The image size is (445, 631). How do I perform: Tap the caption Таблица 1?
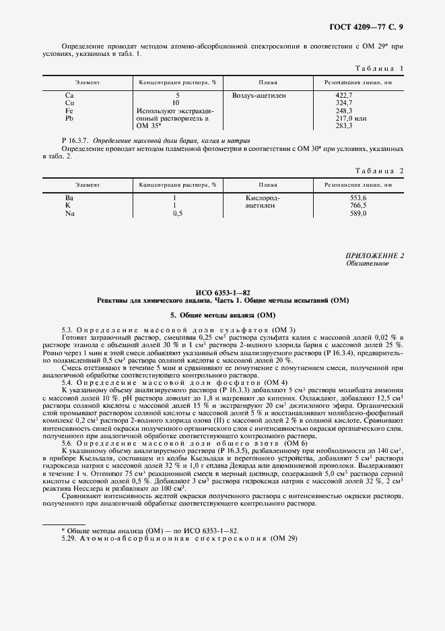point(378,68)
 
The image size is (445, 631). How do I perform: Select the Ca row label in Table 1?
point(69,96)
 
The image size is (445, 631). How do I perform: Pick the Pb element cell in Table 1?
point(69,118)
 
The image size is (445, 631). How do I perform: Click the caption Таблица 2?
point(378,171)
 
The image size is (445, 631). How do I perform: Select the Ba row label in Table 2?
point(69,198)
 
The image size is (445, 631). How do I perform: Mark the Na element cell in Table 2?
point(69,213)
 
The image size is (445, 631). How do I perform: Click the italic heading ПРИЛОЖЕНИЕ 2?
point(374,256)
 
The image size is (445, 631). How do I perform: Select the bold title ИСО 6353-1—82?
point(222,292)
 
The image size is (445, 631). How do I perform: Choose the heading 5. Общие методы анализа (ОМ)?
point(223,315)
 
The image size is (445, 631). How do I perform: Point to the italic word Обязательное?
point(367,264)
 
